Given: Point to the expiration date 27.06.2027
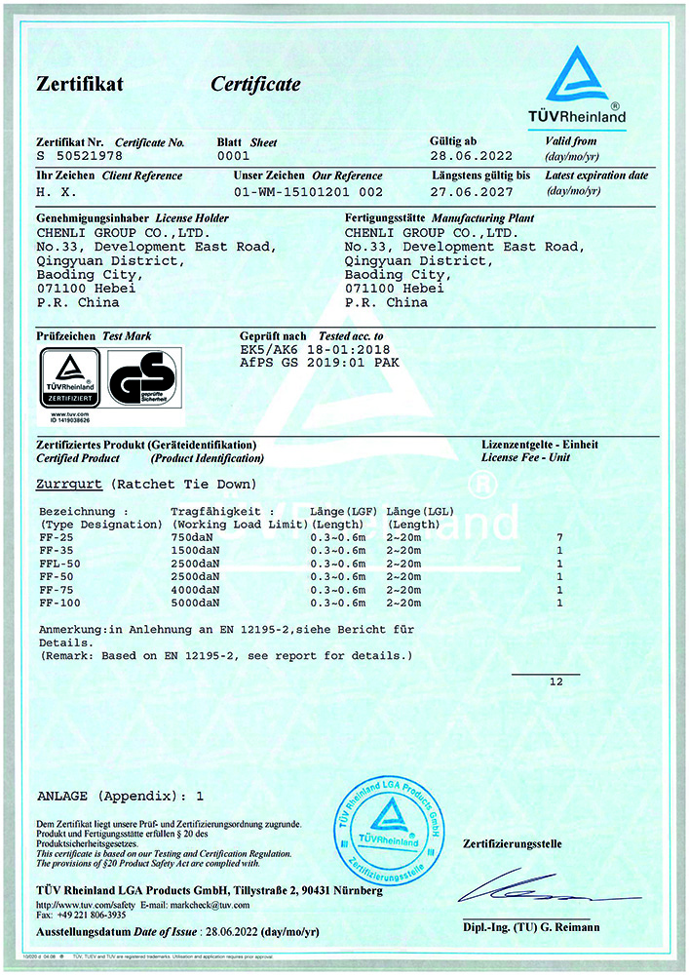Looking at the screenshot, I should [471, 191].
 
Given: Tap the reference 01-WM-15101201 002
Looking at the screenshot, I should [309, 192].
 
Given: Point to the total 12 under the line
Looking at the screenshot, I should [555, 682].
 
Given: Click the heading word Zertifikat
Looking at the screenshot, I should [80, 85].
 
